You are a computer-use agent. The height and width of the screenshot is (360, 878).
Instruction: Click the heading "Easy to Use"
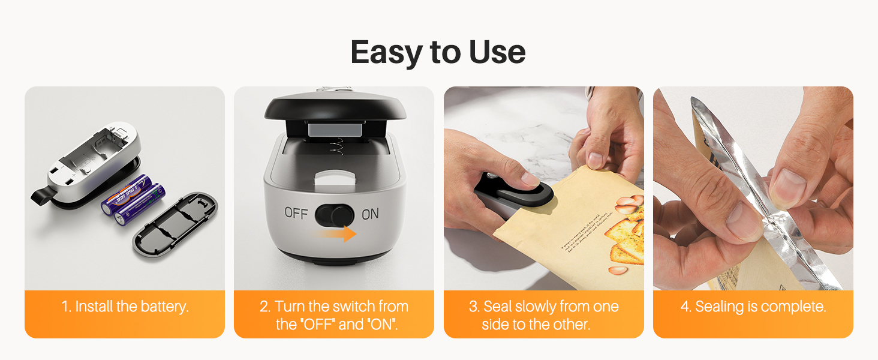tap(438, 52)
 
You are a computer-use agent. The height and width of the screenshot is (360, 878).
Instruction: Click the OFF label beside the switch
tap(296, 213)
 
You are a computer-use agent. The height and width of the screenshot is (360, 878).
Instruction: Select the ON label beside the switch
tap(370, 214)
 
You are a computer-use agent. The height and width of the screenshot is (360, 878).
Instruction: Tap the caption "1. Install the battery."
tap(125, 307)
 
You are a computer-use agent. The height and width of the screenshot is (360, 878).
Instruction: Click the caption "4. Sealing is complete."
tap(753, 307)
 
